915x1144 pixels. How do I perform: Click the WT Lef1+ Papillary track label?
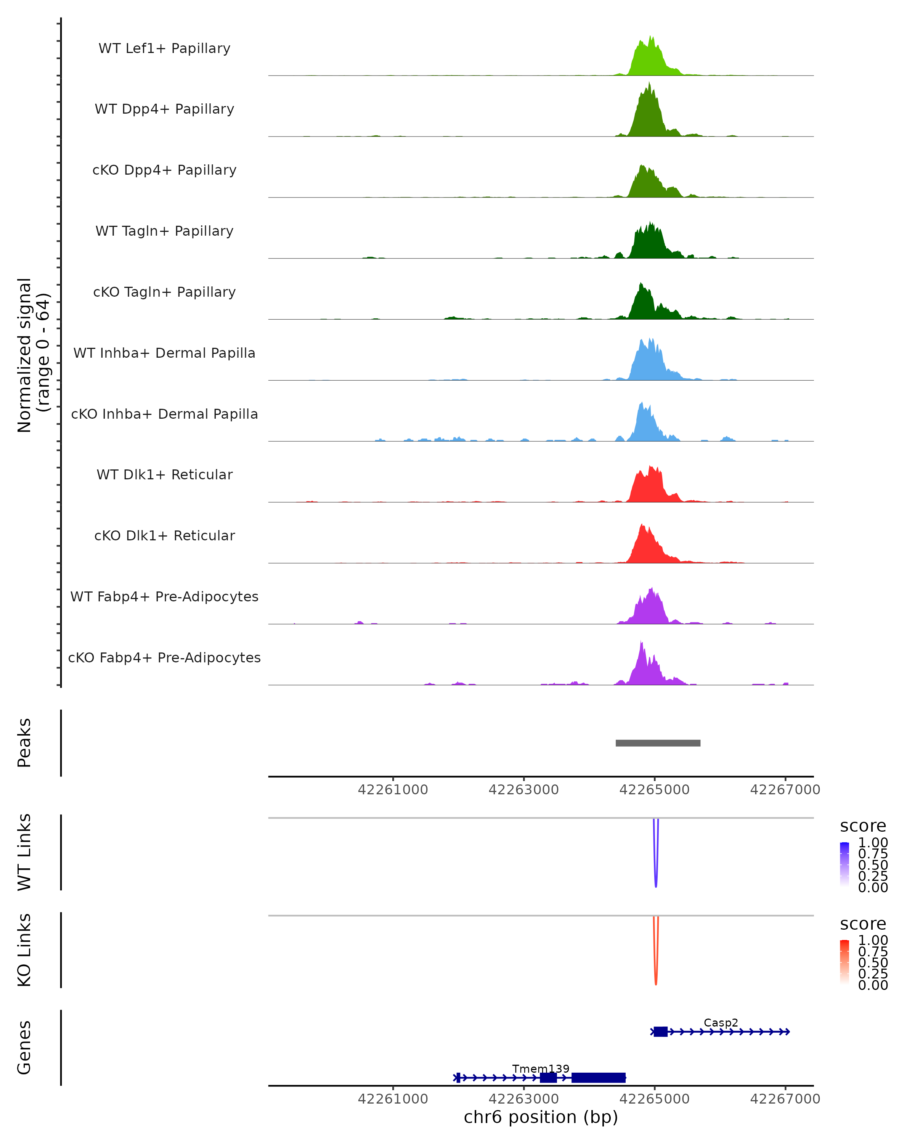pos(164,48)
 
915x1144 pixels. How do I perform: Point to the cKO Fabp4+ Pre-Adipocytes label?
pos(164,657)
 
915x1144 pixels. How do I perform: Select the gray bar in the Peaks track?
pos(658,743)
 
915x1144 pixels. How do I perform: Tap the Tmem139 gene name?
pos(541,1068)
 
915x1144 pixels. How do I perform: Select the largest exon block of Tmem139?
pos(598,1077)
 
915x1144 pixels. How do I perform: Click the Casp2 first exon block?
pos(660,1032)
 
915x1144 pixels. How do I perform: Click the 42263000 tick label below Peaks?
pos(523,790)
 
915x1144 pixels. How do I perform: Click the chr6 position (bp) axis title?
pos(541,1117)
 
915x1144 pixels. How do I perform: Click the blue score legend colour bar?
pos(844,864)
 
